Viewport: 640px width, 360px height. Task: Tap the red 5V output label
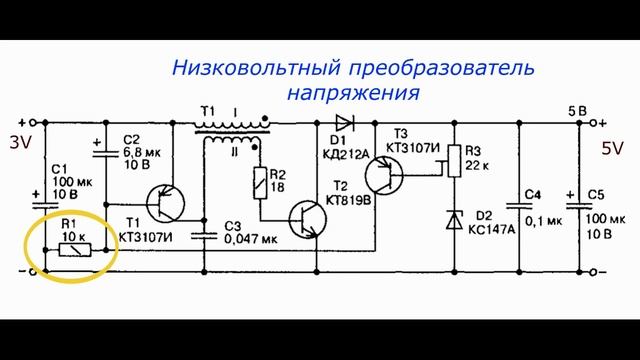(x=612, y=149)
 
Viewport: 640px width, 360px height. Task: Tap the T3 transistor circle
(x=382, y=174)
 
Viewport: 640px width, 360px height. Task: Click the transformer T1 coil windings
(x=232, y=131)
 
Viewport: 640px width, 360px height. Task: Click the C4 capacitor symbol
(x=521, y=204)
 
